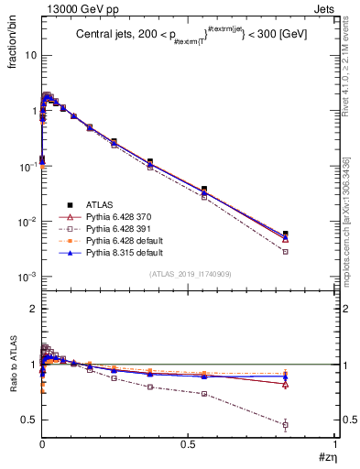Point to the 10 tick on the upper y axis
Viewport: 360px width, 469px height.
(x=29, y=55)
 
